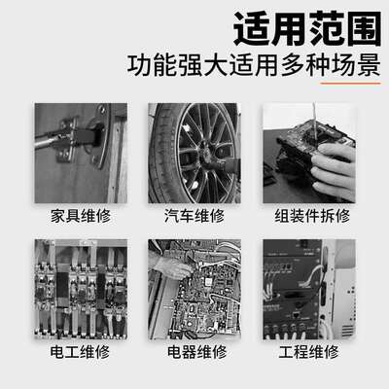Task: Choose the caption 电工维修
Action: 79,351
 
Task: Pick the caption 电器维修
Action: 195,351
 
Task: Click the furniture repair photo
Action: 79,149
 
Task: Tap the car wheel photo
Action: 195,149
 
